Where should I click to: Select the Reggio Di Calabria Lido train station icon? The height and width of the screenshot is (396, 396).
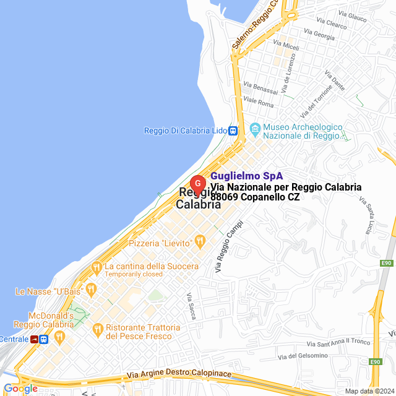coord(233,131)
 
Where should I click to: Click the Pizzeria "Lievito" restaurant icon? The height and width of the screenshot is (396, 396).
coord(199,240)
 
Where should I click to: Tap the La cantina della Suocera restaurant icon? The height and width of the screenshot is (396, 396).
coord(96,267)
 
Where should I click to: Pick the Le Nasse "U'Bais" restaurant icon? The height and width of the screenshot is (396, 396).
coord(90,289)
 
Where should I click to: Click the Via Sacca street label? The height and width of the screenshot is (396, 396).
coord(191,306)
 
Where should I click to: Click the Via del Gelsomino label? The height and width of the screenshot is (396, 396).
coord(302,356)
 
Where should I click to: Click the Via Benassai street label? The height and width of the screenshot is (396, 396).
coord(261,84)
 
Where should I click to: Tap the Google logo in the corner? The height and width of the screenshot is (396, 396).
coord(20,389)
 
